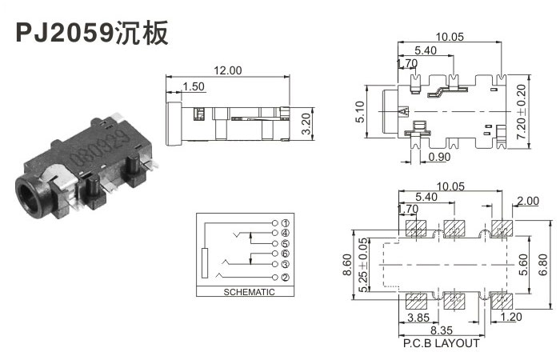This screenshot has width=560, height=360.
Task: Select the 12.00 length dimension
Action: pyautogui.click(x=227, y=70)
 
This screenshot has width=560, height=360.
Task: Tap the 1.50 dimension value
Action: pyautogui.click(x=194, y=86)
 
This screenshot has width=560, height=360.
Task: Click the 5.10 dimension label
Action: pyautogui.click(x=361, y=110)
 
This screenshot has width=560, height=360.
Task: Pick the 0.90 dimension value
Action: pyautogui.click(x=438, y=157)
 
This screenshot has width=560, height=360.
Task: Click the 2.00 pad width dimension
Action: pyautogui.click(x=529, y=202)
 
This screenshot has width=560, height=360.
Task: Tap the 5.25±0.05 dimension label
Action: pyautogui.click(x=364, y=265)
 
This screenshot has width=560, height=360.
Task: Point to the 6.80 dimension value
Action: pyautogui.click(x=545, y=264)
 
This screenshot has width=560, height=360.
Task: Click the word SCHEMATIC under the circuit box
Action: pyautogui.click(x=246, y=292)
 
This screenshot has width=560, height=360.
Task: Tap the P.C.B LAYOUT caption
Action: pyautogui.click(x=443, y=343)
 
